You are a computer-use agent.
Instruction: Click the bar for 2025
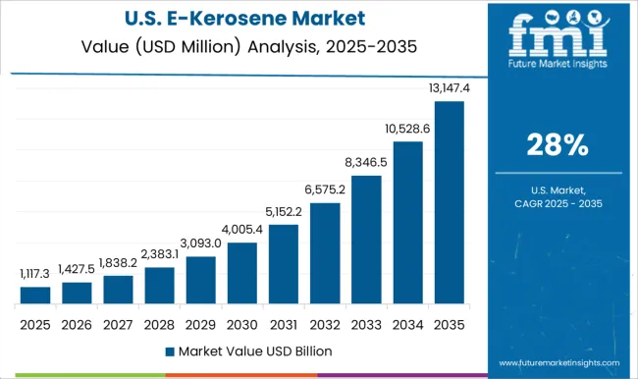pyautogui.click(x=35, y=295)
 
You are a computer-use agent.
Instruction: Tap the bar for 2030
pyautogui.click(x=242, y=273)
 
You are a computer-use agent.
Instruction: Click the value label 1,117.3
pyautogui.click(x=35, y=276)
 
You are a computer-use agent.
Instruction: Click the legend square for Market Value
pyautogui.click(x=169, y=351)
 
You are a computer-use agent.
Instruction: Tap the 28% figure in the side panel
pyautogui.click(x=557, y=146)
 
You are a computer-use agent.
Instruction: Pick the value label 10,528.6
pyautogui.click(x=408, y=130)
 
